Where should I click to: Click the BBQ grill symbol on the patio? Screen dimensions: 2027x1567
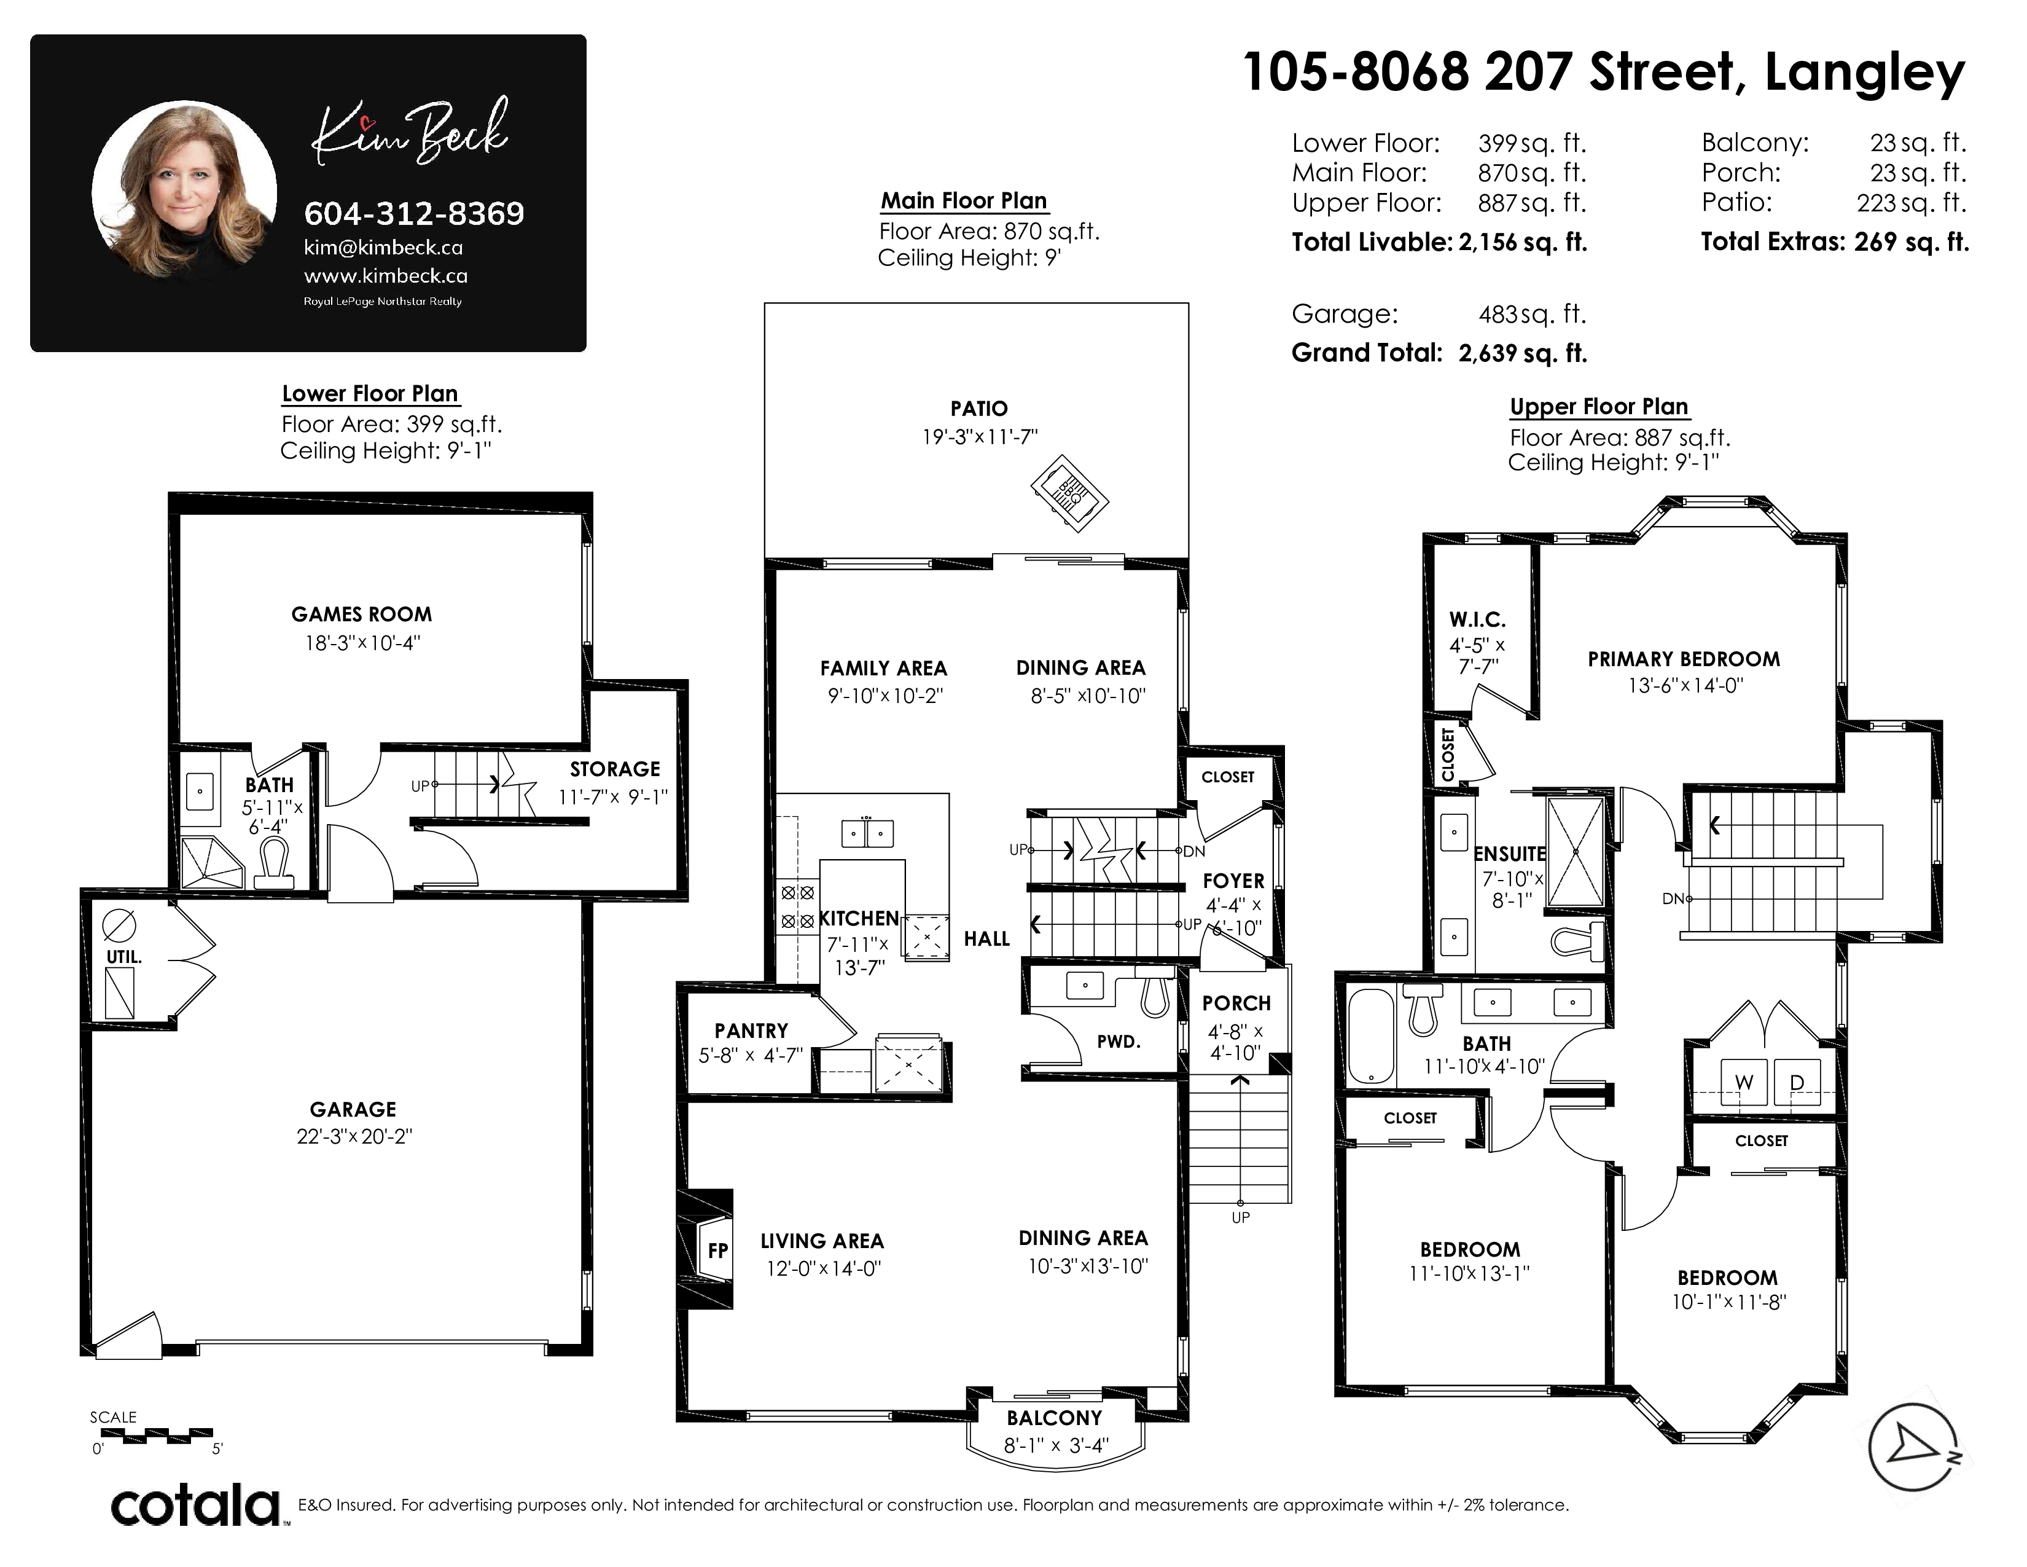point(1069,492)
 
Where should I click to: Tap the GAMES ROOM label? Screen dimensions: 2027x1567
point(361,615)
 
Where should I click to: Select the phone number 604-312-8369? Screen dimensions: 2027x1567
point(414,213)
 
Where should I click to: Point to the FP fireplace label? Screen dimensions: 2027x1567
point(717,1251)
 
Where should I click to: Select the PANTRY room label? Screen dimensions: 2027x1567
point(751,1031)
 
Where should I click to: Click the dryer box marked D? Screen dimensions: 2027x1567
point(1797,1082)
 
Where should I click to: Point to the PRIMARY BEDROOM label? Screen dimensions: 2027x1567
point(1684,659)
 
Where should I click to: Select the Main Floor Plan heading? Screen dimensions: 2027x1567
point(964,200)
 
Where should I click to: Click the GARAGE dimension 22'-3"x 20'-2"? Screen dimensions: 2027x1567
point(354,1136)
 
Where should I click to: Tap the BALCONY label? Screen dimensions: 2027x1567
point(1054,1418)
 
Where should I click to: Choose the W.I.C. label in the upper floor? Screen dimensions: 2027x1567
point(1477,620)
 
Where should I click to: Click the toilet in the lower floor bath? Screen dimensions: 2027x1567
point(274,863)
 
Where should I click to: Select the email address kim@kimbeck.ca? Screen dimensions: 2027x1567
point(383,248)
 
